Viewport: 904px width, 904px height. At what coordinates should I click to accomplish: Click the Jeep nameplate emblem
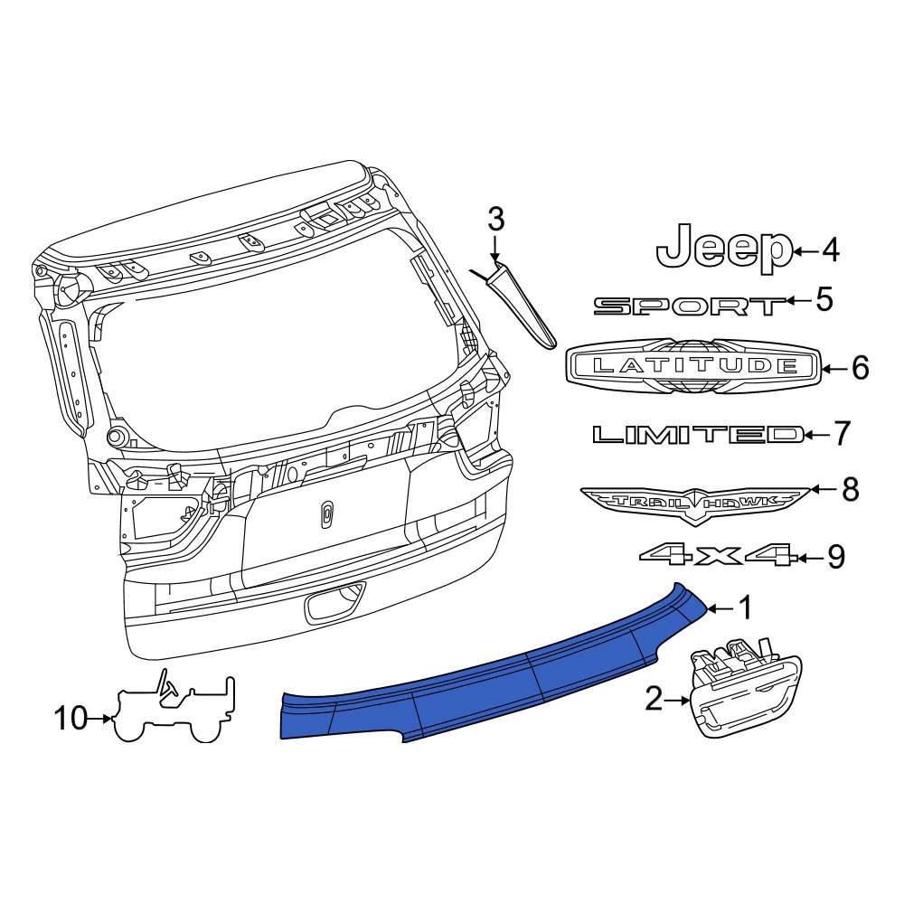click(723, 249)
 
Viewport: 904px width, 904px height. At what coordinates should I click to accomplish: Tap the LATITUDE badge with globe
click(693, 366)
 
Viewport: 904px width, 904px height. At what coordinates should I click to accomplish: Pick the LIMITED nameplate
click(697, 436)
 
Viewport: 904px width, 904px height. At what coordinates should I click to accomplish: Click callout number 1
click(745, 609)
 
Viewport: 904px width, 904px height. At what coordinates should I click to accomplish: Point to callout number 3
click(494, 219)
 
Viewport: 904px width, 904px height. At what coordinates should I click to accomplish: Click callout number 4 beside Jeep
click(830, 250)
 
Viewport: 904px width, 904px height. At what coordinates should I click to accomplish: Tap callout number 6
click(859, 368)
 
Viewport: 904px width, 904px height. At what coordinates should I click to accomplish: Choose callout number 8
click(850, 491)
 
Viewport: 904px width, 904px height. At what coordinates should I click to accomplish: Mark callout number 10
click(71, 720)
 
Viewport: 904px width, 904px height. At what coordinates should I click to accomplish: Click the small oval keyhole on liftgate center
click(326, 514)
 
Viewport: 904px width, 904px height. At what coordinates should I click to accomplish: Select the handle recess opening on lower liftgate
click(334, 602)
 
